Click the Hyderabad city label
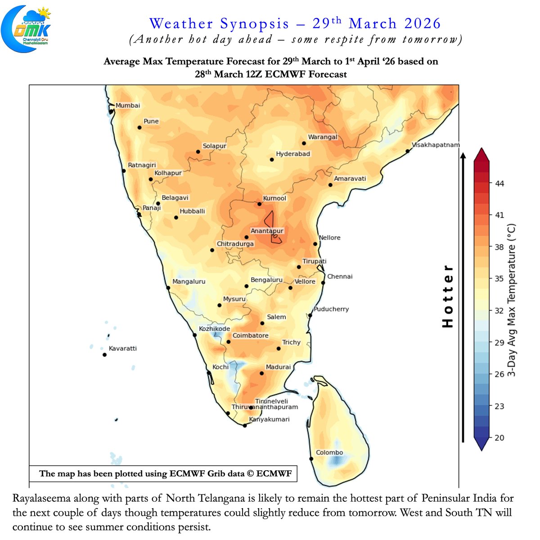click(x=293, y=154)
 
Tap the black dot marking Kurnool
click(x=260, y=204)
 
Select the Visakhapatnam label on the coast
click(x=436, y=145)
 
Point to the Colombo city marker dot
click(x=311, y=459)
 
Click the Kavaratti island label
click(x=122, y=348)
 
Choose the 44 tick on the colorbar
click(x=499, y=184)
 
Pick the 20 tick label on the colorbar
click(x=499, y=438)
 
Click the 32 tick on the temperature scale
click(x=499, y=310)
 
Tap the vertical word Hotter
click(x=448, y=296)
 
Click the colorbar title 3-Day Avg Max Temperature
click(x=511, y=300)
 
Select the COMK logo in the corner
click(x=26, y=28)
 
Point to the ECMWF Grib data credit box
click(x=163, y=473)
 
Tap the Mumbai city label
click(x=128, y=105)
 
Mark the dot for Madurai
click(x=262, y=373)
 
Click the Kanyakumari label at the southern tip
click(x=269, y=419)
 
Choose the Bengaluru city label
click(x=266, y=280)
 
